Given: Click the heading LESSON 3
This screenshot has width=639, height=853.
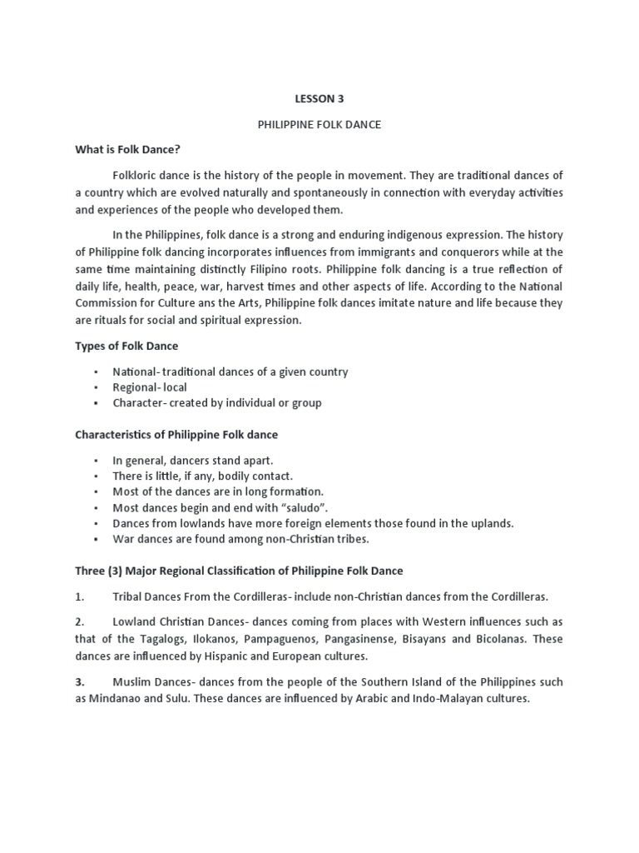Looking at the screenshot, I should click(x=319, y=98).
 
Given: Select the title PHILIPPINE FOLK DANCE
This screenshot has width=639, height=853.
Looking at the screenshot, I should click(x=319, y=123).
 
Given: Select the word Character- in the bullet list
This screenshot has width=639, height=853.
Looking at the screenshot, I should click(x=141, y=402).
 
